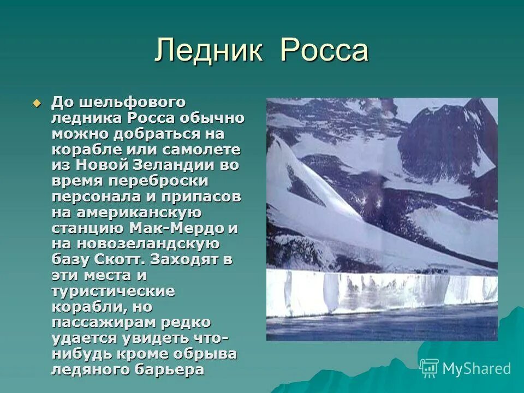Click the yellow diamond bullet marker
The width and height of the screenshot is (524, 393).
[37, 103]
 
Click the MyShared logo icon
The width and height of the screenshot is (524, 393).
[429, 368]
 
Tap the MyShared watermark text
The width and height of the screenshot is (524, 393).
[477, 368]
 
